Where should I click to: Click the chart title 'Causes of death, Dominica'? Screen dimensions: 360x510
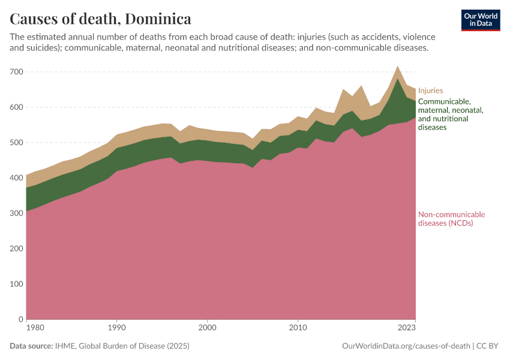click(100, 19)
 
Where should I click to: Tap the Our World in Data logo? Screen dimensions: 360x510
click(481, 20)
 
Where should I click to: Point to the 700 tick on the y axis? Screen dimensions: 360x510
click(16, 72)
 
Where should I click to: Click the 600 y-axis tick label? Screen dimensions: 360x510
click(16, 107)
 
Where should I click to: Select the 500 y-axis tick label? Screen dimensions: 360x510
click(16, 143)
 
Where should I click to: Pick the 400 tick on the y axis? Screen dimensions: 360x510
click(16, 178)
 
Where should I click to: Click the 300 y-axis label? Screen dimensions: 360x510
click(16, 214)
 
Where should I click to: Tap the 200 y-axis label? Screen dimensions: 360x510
click(16, 249)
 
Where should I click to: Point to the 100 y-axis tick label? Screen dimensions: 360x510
click(16, 284)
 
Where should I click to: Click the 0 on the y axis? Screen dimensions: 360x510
click(20, 319)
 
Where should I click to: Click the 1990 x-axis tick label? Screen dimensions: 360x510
click(116, 328)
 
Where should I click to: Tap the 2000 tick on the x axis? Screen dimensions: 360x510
click(207, 328)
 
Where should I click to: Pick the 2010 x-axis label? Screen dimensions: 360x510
click(298, 328)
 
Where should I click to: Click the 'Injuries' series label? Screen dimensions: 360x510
click(430, 91)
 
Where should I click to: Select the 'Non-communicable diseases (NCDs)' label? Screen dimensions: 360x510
click(451, 219)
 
